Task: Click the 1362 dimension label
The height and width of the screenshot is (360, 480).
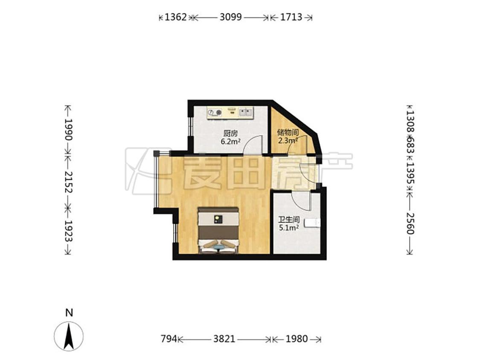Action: [x=176, y=17]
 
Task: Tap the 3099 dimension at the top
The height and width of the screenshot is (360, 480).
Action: [x=231, y=17]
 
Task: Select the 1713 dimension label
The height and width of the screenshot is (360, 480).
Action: [x=291, y=17]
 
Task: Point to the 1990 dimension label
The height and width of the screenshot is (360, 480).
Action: [x=69, y=130]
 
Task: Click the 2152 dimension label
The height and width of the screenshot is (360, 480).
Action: [x=69, y=182]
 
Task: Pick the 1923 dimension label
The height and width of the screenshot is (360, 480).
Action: [x=69, y=231]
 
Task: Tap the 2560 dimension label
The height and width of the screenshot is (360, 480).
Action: [x=410, y=223]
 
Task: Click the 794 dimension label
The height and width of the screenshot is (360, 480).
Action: [x=169, y=339]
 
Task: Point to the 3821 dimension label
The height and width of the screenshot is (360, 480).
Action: [x=224, y=339]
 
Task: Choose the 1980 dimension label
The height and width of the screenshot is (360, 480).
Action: [x=297, y=339]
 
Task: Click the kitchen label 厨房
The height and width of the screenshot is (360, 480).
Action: [x=230, y=134]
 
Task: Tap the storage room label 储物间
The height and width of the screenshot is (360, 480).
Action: [x=288, y=133]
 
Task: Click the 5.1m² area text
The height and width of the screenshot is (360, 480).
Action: [x=289, y=228]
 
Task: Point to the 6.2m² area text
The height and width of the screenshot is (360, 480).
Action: [x=230, y=142]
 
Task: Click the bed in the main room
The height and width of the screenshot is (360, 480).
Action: [x=218, y=230]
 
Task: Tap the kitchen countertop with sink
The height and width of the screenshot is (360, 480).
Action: [x=230, y=112]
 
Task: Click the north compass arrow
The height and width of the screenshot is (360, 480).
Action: [x=69, y=336]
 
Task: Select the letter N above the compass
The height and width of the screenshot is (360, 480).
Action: [x=69, y=313]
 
